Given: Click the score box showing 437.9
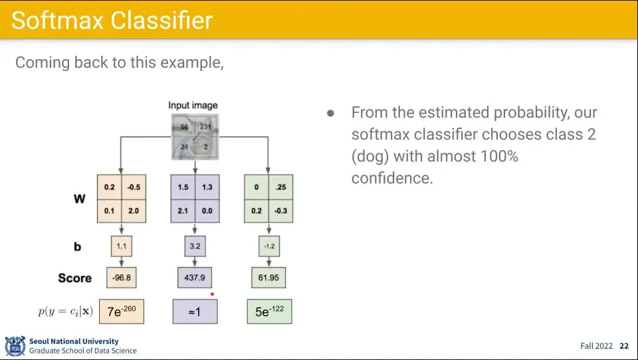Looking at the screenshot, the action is coord(195,278).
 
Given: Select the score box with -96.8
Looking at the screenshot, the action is coord(121,278).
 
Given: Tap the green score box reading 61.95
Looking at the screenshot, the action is coord(268,278).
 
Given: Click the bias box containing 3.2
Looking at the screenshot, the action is coord(195,246).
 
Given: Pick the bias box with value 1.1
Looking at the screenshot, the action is coord(121,246).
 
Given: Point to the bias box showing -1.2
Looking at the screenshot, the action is coord(269,246).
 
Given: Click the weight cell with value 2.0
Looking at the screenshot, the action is coord(134,211).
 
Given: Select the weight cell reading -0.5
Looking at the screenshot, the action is coord(134,187).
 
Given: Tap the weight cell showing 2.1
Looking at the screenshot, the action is coord(183,211).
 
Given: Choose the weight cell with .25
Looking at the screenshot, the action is coord(280,187).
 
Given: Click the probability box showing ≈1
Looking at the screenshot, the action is coord(195,312).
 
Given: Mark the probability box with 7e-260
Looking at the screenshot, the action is coord(121,312).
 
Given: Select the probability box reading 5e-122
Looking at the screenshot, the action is coord(269,312).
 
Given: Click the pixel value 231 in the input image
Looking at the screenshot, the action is coord(205,126).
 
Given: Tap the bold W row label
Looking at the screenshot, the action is coord(79,199).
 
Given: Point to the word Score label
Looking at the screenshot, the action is coord(74,278).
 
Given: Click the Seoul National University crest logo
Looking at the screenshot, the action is coord(15,346).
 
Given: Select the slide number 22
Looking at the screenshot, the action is coord(624,346).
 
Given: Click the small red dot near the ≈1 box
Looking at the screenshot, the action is coord(213,294).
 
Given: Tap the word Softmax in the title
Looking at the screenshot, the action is coord(57,21).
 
